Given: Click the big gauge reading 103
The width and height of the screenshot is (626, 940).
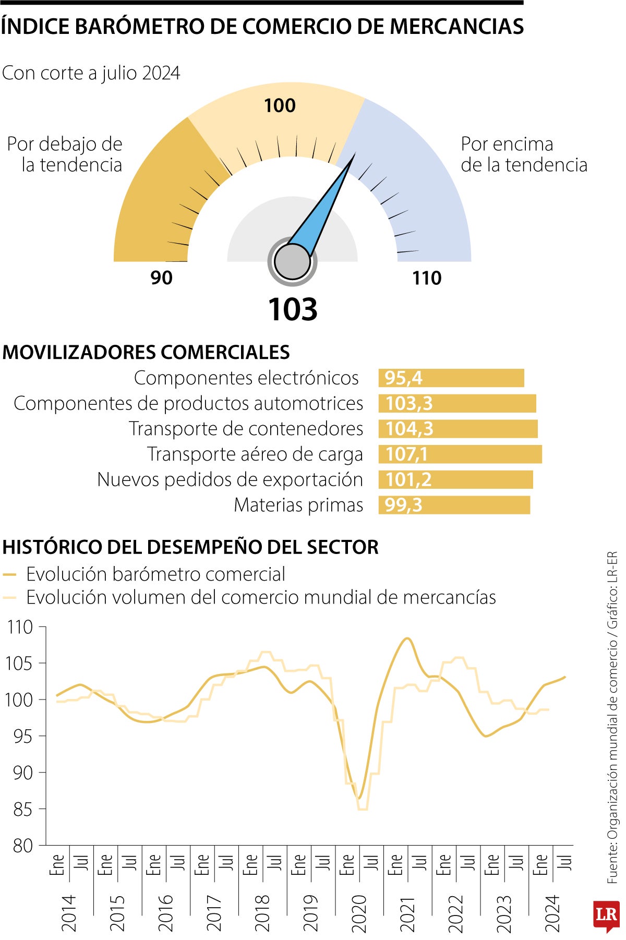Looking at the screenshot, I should pyautogui.click(x=293, y=309).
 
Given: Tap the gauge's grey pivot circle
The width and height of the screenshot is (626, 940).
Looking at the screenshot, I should pyautogui.click(x=292, y=261).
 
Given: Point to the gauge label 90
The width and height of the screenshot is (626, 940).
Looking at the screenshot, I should pyautogui.click(x=161, y=278).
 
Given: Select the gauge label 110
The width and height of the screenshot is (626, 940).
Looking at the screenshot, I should pyautogui.click(x=427, y=278).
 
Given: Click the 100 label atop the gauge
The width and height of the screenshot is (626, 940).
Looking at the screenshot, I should pyautogui.click(x=280, y=106).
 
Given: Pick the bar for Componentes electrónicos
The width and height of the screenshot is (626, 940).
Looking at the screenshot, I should pyautogui.click(x=451, y=378).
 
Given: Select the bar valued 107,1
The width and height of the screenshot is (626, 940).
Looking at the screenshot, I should pyautogui.click(x=460, y=454).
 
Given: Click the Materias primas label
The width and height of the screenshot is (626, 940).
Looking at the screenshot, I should pyautogui.click(x=298, y=505).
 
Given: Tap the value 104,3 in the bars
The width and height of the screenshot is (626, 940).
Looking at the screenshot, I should pyautogui.click(x=410, y=429).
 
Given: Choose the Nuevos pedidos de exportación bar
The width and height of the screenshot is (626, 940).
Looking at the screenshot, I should pyautogui.click(x=455, y=479).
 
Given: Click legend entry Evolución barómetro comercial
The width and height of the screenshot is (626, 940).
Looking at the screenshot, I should pyautogui.click(x=155, y=574).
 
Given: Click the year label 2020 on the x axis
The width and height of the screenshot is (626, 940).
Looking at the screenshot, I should pyautogui.click(x=359, y=913).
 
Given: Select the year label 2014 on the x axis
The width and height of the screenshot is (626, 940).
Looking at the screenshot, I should pyautogui.click(x=69, y=913).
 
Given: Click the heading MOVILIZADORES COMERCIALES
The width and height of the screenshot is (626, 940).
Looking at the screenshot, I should pyautogui.click(x=146, y=353).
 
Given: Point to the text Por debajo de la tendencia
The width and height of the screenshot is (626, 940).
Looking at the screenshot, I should pyautogui.click(x=65, y=154).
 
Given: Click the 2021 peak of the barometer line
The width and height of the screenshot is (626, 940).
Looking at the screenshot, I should pyautogui.click(x=407, y=638).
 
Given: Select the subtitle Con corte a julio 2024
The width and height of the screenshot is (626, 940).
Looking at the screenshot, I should pyautogui.click(x=91, y=73).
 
